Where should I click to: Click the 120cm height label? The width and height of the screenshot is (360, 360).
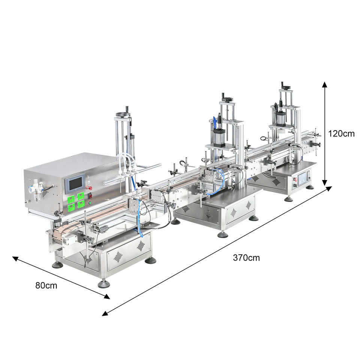pyautogui.click(x=341, y=133)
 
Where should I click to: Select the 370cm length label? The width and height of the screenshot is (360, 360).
pyautogui.click(x=246, y=258)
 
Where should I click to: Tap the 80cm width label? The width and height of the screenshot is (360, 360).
pyautogui.click(x=46, y=285)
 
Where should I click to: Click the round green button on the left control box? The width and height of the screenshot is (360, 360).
pyautogui.click(x=90, y=203)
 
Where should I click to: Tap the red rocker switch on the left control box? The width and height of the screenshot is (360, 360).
pyautogui.click(x=90, y=196)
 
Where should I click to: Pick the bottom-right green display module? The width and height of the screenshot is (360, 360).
pyautogui.click(x=81, y=204)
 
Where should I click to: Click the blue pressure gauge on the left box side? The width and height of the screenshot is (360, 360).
pyautogui.click(x=30, y=190)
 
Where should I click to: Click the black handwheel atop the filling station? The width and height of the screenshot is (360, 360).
pyautogui.click(x=123, y=114)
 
